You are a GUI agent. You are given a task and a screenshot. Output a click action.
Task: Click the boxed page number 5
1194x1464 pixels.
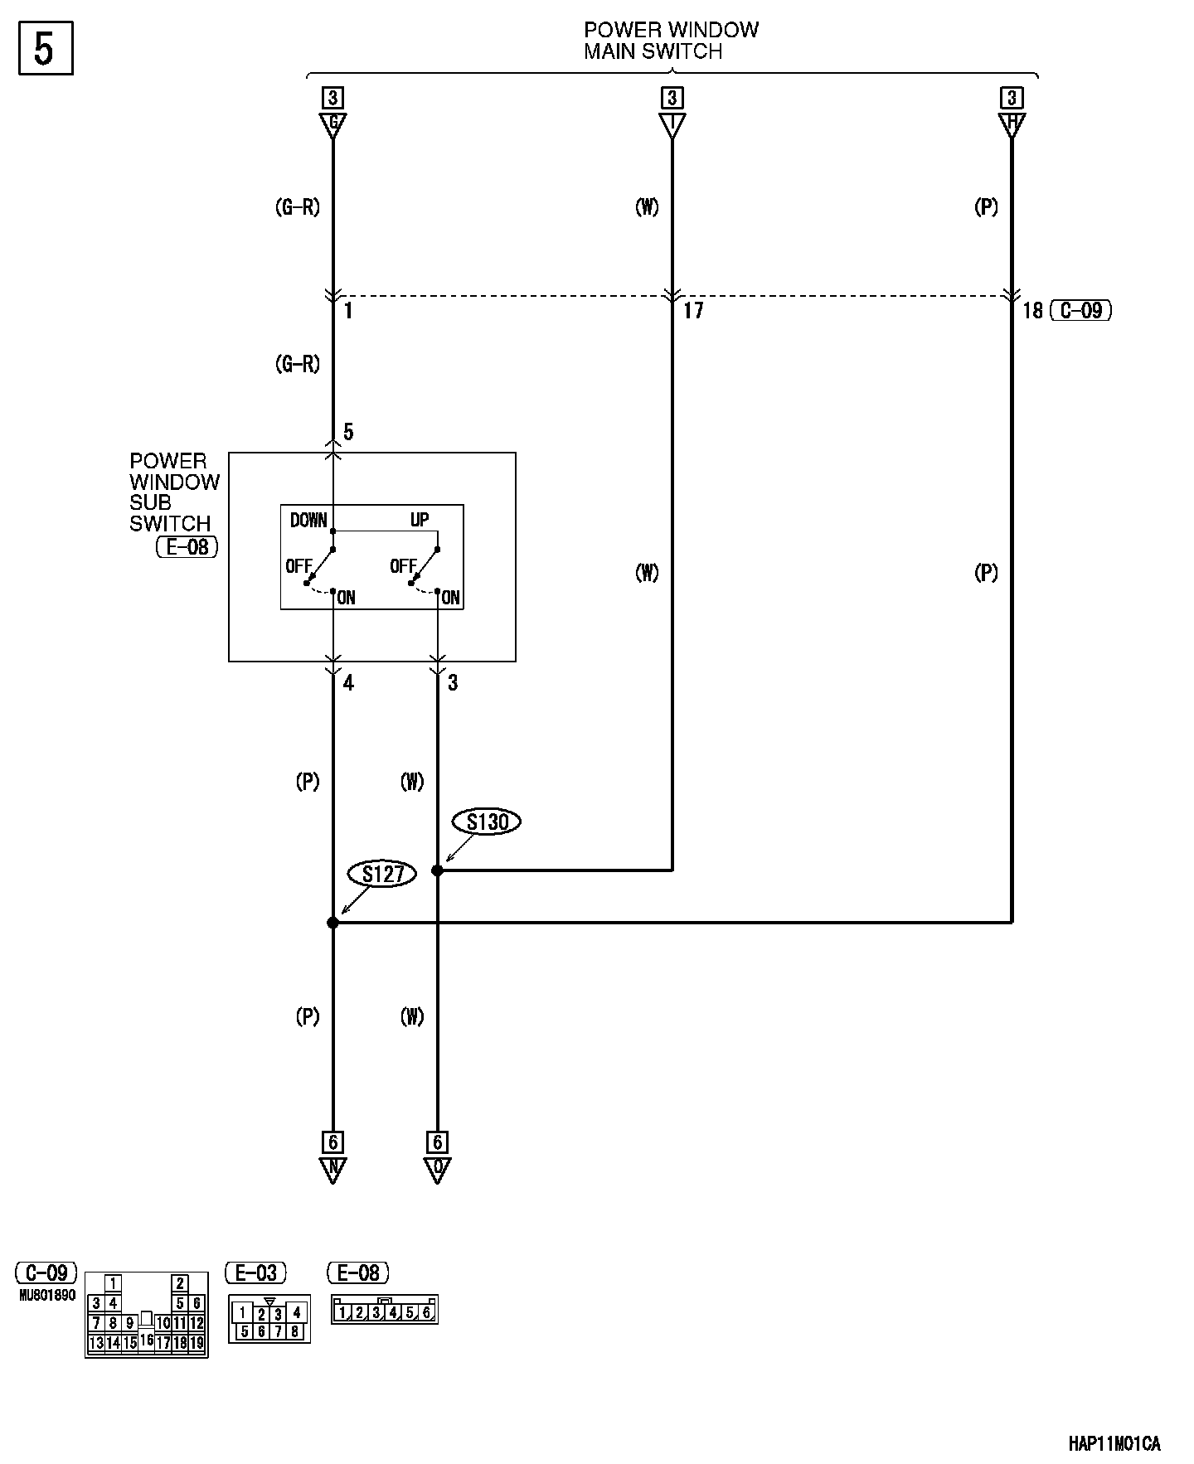(45, 50)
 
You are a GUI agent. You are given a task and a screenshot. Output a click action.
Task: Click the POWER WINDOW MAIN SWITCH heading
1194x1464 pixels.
(670, 41)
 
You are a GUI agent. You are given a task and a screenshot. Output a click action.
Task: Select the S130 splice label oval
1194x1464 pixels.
(487, 822)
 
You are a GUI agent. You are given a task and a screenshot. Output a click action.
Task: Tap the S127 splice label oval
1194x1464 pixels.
(382, 874)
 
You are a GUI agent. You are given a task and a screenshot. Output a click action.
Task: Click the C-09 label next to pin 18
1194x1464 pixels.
(1081, 311)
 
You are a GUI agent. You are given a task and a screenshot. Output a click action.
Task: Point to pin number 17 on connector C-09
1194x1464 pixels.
(693, 311)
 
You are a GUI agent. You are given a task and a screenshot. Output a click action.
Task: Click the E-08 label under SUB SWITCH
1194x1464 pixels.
(187, 546)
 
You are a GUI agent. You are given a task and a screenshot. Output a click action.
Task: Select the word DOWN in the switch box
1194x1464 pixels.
(308, 520)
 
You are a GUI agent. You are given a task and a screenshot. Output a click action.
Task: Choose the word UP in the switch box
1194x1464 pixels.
(420, 520)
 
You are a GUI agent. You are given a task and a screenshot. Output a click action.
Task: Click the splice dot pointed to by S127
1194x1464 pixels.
(332, 922)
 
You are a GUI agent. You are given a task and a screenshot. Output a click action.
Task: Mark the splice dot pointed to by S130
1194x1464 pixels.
(437, 870)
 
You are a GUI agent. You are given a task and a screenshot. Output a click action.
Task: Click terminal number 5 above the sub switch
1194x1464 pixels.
(348, 432)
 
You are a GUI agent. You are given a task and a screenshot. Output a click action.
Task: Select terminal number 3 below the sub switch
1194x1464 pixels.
(453, 683)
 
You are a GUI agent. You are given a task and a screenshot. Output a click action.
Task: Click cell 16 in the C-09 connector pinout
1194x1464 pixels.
(147, 1339)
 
